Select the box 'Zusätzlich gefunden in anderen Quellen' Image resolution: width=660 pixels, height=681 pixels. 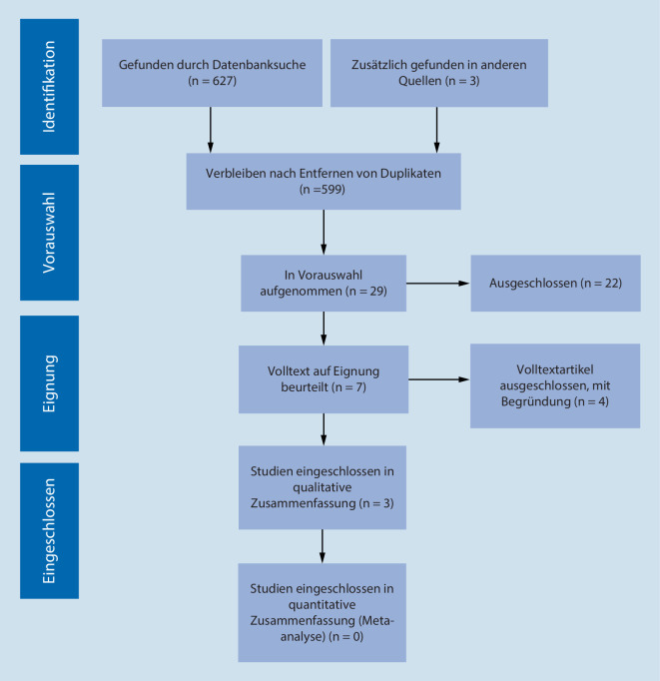pos(436,71)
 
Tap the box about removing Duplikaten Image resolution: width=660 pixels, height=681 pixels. pos(323,181)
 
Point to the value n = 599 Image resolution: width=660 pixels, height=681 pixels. pos(323,188)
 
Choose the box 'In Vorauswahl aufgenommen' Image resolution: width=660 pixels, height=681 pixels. pos(323,284)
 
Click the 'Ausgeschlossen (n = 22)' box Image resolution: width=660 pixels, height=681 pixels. pos(555,284)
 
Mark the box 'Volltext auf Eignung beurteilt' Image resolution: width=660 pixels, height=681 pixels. pos(323,379)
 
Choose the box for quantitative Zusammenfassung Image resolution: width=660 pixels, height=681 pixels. pos(323,611)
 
